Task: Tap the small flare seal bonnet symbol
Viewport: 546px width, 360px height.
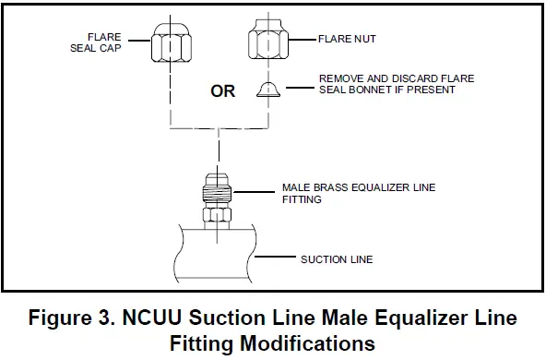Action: point(268,89)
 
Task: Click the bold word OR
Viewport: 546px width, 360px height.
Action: point(222,91)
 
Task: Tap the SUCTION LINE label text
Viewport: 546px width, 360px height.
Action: point(337,259)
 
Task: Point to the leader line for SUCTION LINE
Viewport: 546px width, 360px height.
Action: point(277,259)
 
